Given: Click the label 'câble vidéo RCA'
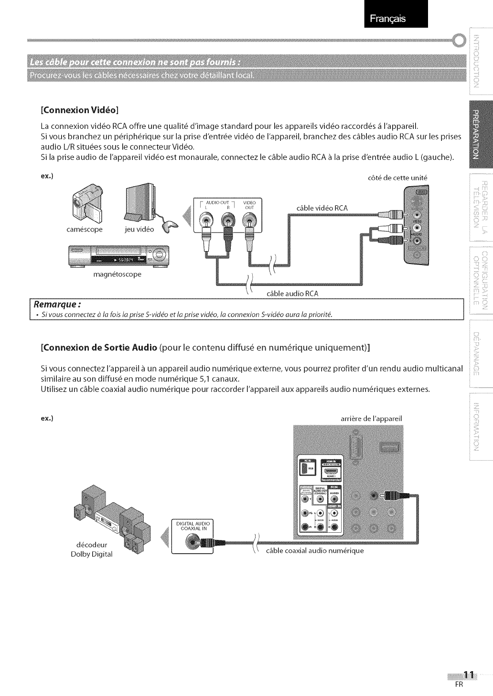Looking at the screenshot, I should tap(322, 208).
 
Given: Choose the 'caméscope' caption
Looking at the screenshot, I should tap(85, 230).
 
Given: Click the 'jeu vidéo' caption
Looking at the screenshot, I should tap(139, 230).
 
